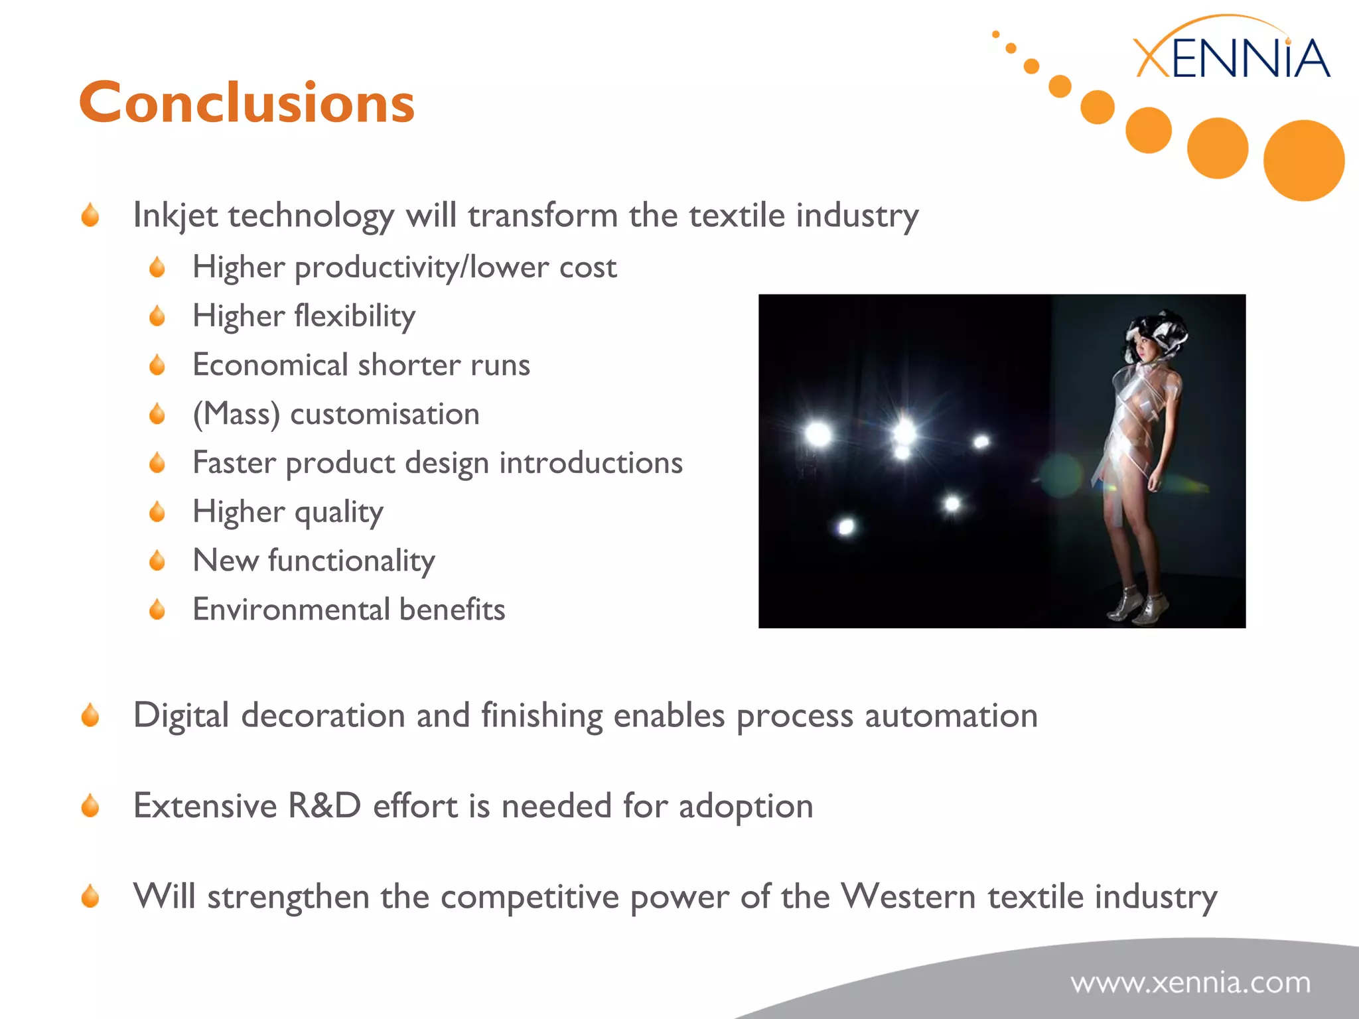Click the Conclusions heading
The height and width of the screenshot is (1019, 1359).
[247, 103]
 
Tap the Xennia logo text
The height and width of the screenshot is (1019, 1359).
[1232, 58]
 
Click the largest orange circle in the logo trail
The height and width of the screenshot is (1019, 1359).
[1303, 160]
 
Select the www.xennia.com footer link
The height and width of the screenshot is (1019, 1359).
[1190, 983]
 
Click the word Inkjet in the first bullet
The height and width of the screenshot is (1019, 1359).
[175, 216]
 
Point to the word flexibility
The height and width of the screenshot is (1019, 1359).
[355, 316]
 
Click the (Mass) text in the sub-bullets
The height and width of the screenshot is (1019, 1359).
[236, 415]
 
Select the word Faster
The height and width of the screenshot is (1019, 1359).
[234, 462]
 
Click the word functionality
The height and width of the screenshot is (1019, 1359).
[352, 561]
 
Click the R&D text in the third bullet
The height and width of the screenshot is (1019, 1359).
[324, 806]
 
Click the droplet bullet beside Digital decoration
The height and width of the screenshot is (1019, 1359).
[90, 716]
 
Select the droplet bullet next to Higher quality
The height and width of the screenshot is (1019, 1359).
[157, 512]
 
